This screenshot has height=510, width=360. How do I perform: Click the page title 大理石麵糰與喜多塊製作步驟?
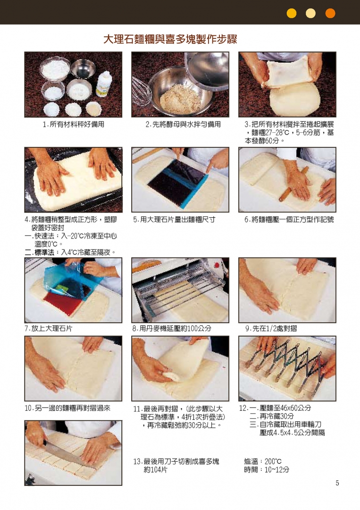(x=170, y=39)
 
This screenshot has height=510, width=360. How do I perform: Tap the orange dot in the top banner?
(x=330, y=13)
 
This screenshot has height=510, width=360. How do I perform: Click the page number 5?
(x=337, y=483)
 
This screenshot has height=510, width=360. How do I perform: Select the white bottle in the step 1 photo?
(x=104, y=84)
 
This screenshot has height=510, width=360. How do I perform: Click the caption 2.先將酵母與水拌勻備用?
(x=183, y=124)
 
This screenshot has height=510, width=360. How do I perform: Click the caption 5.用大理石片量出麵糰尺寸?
(x=174, y=220)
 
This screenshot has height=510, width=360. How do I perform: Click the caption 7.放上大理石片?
(x=49, y=329)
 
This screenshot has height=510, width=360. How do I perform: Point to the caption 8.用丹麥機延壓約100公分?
(x=172, y=329)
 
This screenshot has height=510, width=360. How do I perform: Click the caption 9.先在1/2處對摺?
(x=271, y=329)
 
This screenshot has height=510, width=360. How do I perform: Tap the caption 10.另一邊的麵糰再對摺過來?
(x=67, y=408)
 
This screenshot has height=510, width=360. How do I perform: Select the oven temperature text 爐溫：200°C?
(x=263, y=461)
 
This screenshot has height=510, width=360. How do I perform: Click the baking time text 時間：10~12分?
(x=267, y=470)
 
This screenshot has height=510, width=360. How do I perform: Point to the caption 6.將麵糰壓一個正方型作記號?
(x=289, y=220)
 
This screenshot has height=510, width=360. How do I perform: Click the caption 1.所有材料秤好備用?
(x=74, y=124)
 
